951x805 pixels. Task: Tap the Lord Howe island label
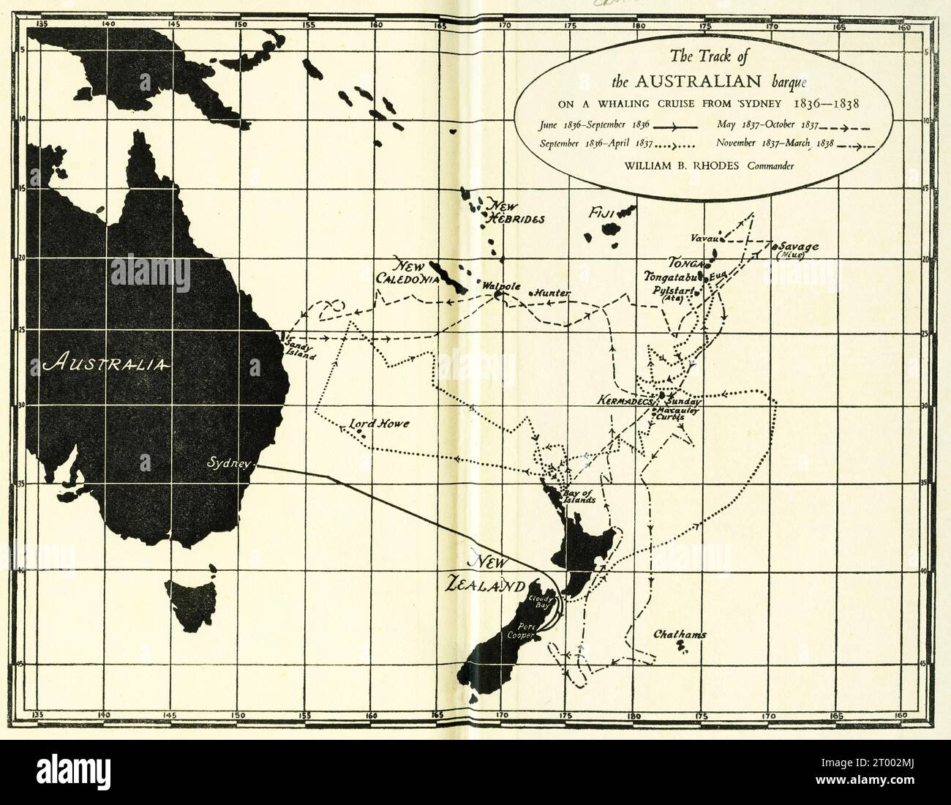click(378, 424)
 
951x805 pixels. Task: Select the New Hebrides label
click(512, 212)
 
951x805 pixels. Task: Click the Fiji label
click(602, 213)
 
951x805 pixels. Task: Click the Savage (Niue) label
click(798, 250)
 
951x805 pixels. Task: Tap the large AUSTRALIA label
click(107, 364)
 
